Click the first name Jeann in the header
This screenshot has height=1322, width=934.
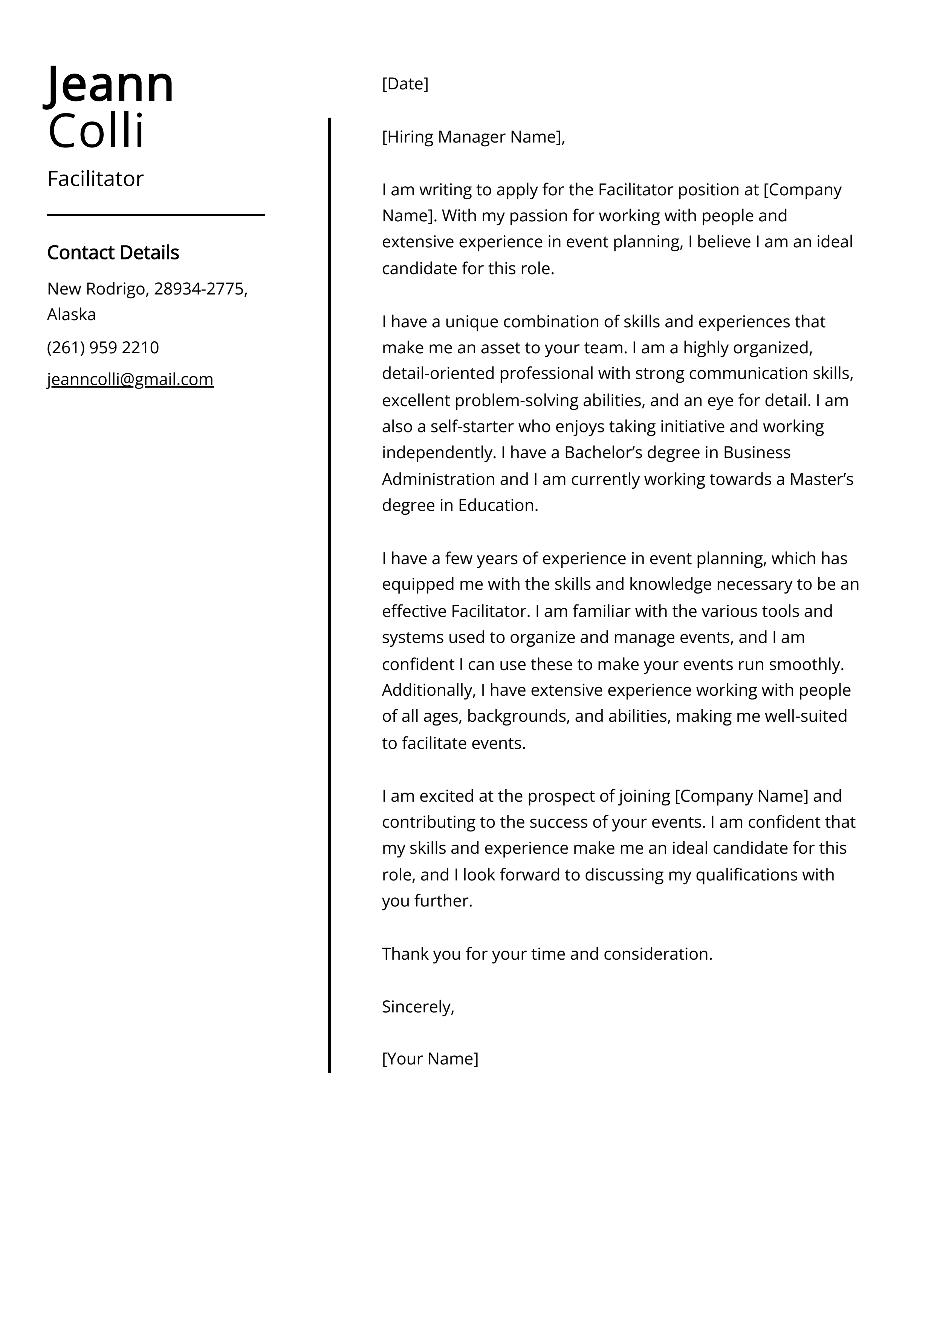pos(109,84)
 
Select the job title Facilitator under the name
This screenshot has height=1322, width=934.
pos(95,179)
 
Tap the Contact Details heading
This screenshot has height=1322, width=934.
pos(113,253)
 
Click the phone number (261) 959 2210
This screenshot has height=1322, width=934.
pos(103,348)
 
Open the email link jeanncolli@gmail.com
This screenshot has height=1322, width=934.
pos(130,379)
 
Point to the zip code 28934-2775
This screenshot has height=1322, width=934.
pos(200,289)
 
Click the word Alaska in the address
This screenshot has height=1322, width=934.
pos(71,314)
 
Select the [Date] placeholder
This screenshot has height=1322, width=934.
pos(405,84)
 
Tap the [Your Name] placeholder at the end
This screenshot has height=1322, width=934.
pos(430,1058)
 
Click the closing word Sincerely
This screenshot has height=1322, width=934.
pos(417,1006)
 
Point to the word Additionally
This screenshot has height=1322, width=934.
pos(428,690)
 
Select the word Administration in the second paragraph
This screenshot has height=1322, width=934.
pos(438,479)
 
